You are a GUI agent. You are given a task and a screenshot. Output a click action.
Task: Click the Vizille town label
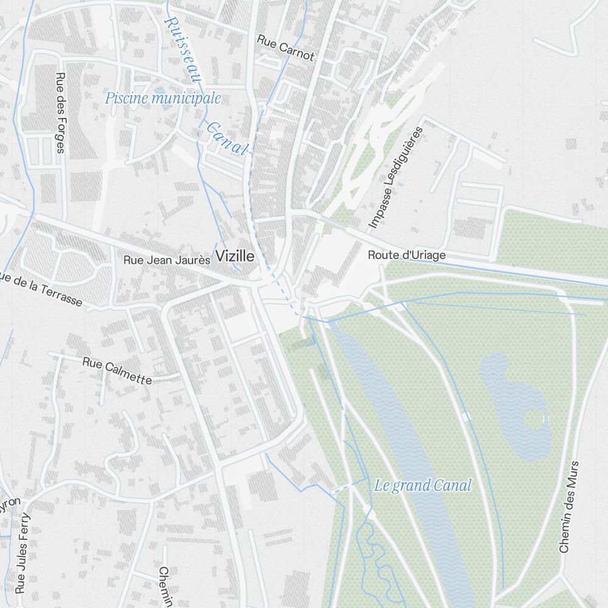click(x=235, y=257)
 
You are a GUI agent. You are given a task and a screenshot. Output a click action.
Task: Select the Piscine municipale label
click(x=163, y=98)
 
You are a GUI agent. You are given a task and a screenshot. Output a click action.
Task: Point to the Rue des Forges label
click(x=60, y=113)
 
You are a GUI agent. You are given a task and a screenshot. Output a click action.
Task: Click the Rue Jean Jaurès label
click(x=167, y=260)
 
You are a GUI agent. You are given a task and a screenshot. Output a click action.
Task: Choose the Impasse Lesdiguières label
click(x=395, y=177)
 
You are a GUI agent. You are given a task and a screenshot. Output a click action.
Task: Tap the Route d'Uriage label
click(x=406, y=255)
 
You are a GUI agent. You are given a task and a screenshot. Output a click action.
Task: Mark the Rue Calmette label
click(x=117, y=371)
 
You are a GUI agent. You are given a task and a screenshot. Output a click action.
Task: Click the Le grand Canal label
click(x=423, y=485)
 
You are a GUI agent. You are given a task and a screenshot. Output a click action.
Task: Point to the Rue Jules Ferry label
click(x=22, y=552)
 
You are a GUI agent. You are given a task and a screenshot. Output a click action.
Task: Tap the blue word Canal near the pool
click(x=227, y=138)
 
